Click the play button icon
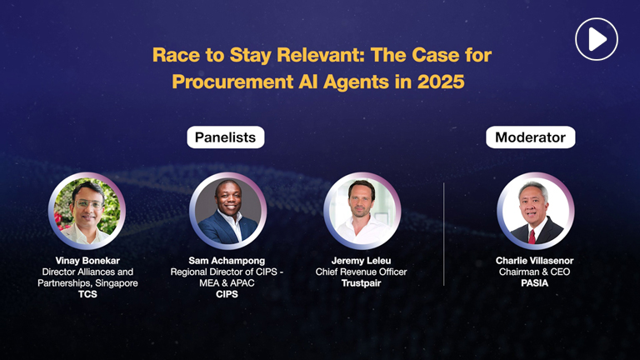597,38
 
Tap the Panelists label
225,137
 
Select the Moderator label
530,137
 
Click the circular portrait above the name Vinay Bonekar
87,212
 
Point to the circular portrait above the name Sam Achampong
227,212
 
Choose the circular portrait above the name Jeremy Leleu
362,212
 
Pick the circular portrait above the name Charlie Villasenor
535,212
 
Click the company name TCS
87,294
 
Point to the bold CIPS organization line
227,294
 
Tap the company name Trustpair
362,283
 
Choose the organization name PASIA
535,283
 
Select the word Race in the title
172,56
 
